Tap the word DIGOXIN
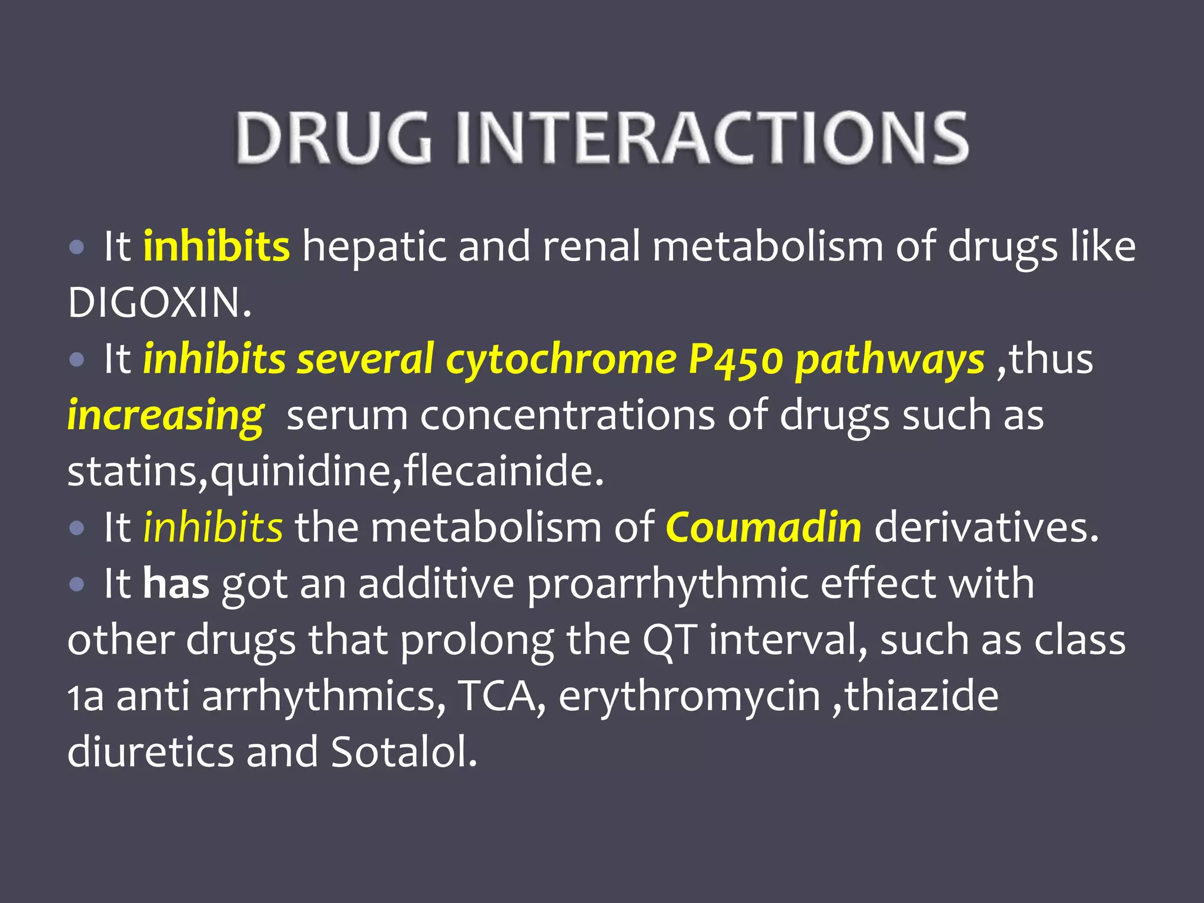pyautogui.click(x=159, y=303)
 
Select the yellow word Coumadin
pyautogui.click(x=763, y=527)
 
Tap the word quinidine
pyautogui.click(x=300, y=471)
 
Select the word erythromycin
pyautogui.click(x=689, y=697)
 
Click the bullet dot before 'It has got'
pyautogui.click(x=76, y=584)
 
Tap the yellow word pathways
pyautogui.click(x=889, y=360)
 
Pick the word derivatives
pyautogui.click(x=986, y=527)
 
